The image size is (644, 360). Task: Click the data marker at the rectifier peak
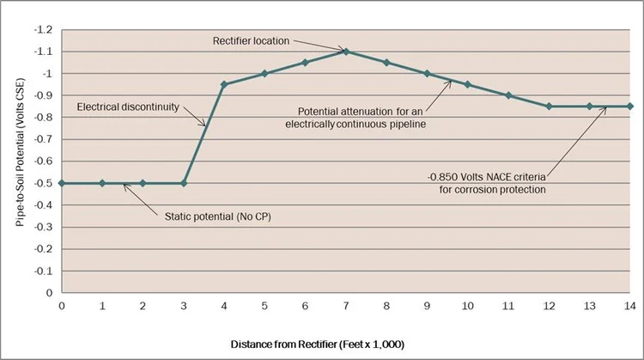(x=345, y=52)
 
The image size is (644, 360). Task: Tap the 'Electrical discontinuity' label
(x=126, y=107)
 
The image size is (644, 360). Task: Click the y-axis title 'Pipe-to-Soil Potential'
(x=18, y=159)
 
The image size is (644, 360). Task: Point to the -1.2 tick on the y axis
(x=45, y=30)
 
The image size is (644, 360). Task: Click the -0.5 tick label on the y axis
(x=45, y=183)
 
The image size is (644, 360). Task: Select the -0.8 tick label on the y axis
(x=45, y=118)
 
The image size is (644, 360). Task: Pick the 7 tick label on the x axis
(x=345, y=305)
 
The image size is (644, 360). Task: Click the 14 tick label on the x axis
(x=629, y=305)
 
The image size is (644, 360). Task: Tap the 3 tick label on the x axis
(x=183, y=305)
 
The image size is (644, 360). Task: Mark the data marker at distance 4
(x=223, y=84)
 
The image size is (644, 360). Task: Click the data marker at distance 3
(x=183, y=183)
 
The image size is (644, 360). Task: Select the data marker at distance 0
(x=62, y=183)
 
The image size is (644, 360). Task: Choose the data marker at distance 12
(x=549, y=107)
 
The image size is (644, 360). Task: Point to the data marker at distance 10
(x=467, y=84)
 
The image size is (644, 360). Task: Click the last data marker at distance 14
(x=629, y=107)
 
